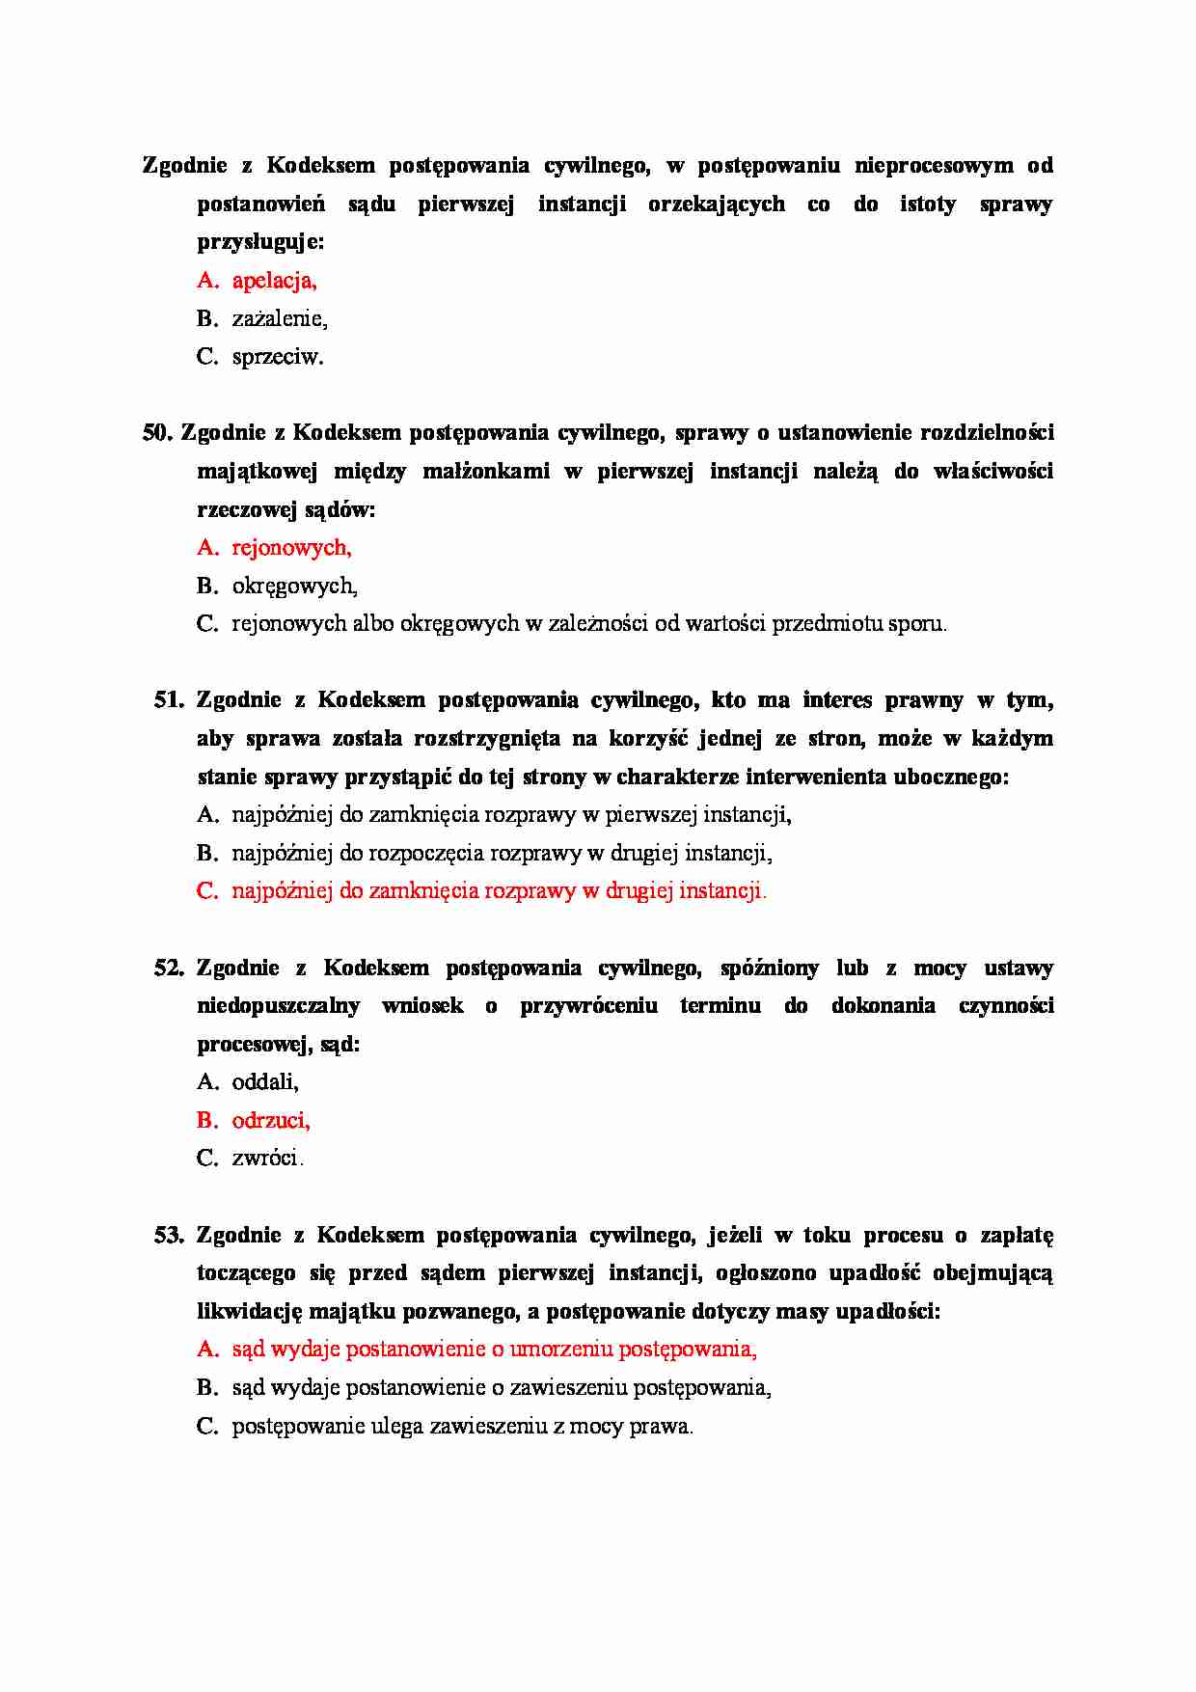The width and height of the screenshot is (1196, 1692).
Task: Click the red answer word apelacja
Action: click(x=274, y=281)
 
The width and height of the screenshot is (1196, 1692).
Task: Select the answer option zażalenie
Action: click(x=280, y=318)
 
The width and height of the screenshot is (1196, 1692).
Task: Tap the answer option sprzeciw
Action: click(x=278, y=357)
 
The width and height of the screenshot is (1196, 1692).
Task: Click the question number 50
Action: click(x=156, y=433)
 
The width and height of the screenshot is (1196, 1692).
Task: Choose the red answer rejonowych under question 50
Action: click(x=291, y=548)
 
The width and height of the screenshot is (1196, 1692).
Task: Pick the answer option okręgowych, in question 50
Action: click(x=294, y=586)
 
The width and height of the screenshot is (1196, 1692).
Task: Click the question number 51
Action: click(x=169, y=700)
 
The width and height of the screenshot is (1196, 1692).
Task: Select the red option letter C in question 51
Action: click(x=206, y=890)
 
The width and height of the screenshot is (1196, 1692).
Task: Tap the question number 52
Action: click(x=169, y=968)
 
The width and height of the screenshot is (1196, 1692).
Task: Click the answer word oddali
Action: click(x=265, y=1082)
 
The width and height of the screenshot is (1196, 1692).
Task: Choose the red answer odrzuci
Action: click(x=271, y=1120)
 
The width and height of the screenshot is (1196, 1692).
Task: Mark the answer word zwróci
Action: click(x=267, y=1158)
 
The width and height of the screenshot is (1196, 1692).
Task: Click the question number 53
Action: click(x=169, y=1235)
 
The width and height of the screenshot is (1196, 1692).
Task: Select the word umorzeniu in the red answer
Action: click(x=560, y=1349)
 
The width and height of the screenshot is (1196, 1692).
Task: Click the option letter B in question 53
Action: click(x=206, y=1387)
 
